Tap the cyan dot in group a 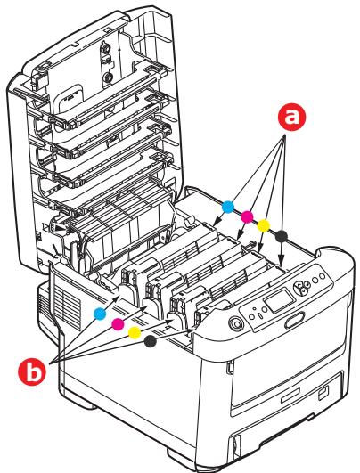click(x=227, y=207)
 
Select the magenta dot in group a click(x=246, y=216)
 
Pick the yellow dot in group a click(x=263, y=225)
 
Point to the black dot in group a click(x=282, y=235)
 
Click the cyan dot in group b click(x=100, y=312)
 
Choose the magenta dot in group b click(x=118, y=322)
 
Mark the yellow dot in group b click(x=135, y=331)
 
